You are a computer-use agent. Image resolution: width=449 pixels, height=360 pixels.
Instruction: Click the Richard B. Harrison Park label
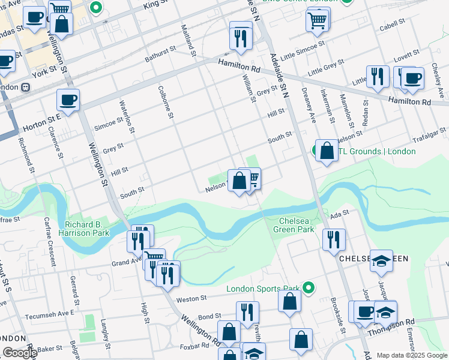click(x=84, y=228)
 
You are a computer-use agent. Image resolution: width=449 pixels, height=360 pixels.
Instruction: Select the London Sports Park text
click(x=262, y=289)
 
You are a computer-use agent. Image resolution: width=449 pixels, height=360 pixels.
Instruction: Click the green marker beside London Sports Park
click(x=309, y=289)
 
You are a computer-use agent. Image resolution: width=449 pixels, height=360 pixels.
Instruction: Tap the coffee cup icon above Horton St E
click(x=68, y=100)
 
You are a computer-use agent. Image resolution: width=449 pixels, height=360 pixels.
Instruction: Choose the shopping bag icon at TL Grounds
click(x=327, y=151)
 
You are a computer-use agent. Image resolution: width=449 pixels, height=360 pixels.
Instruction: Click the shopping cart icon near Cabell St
click(x=318, y=20)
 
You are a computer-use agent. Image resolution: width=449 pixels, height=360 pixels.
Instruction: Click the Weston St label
click(x=191, y=298)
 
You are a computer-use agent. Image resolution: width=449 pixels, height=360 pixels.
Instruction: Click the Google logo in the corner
click(x=19, y=353)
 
